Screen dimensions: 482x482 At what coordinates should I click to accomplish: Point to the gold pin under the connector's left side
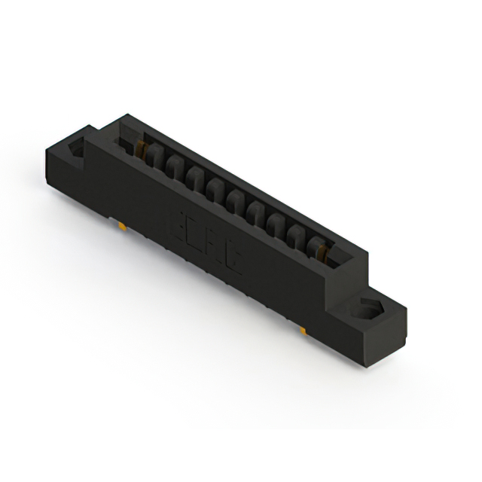pos(120,224)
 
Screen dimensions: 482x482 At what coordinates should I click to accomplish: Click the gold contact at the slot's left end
pos(140,148)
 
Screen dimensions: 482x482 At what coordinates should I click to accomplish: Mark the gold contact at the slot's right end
pos(325,255)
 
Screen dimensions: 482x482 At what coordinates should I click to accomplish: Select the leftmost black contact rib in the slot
pos(155,156)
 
